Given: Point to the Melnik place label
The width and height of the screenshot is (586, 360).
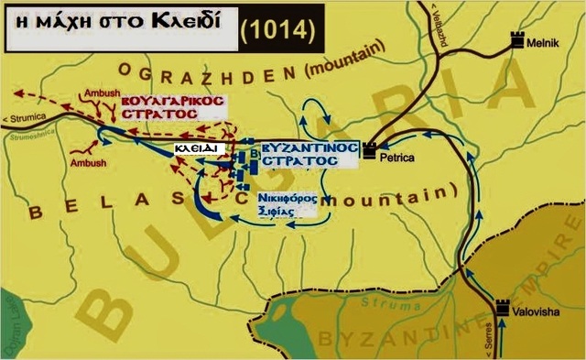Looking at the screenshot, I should [x=550, y=41].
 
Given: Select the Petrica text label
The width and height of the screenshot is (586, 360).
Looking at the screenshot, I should [x=397, y=158].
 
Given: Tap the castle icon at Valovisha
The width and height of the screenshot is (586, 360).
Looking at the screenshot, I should [x=503, y=308].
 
